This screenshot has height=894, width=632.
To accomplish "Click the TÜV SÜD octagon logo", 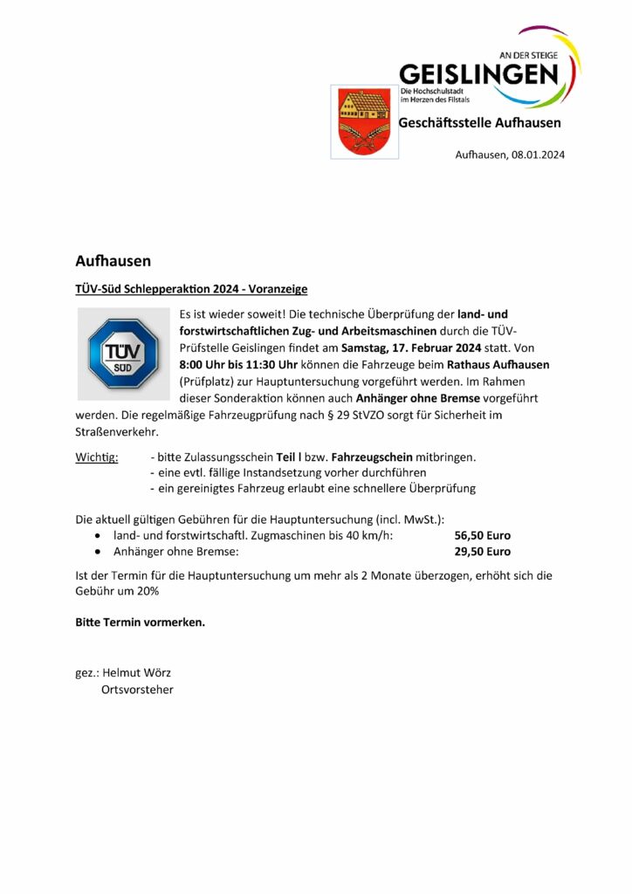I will tap(122, 354).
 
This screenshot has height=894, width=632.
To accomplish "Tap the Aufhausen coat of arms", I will tap(364, 121).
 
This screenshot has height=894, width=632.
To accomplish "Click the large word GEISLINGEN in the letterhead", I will tap(479, 73).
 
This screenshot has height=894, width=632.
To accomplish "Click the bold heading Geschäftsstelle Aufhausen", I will tap(480, 123).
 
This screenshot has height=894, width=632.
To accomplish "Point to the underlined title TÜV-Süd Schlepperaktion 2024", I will tap(191, 288).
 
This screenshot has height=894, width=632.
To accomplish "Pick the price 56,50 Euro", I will tap(483, 535).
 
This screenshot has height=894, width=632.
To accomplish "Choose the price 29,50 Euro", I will tap(483, 552).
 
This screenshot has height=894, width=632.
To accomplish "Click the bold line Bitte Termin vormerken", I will tap(141, 622).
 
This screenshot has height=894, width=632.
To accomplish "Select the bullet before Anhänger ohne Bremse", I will tap(97, 553).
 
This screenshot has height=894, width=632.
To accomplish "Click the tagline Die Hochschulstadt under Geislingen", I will tap(434, 92).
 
